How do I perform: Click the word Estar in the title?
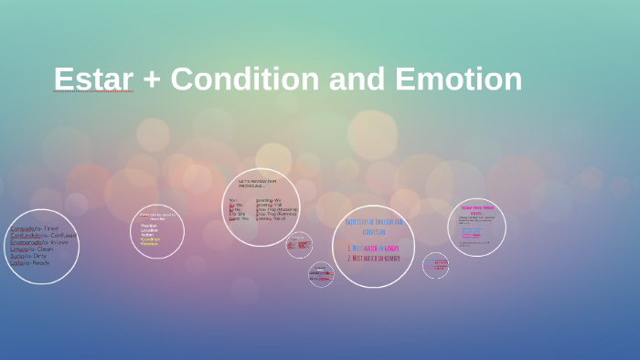coord(93,79)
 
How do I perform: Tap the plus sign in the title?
coord(152,80)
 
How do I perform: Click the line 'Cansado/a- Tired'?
coord(35,228)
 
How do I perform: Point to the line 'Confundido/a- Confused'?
coord(43,236)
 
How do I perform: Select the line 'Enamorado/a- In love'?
coord(39,242)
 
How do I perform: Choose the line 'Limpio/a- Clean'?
coord(32,249)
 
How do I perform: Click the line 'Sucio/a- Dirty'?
coord(28,256)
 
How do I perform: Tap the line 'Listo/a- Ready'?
coord(28,262)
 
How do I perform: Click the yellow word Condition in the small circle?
coord(151,239)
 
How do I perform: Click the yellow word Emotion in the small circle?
coord(149,244)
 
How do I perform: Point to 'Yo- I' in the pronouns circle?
coord(234,200)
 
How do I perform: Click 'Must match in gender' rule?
coord(373,248)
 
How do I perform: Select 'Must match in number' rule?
coord(373,258)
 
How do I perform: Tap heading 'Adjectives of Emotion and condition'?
coord(373,226)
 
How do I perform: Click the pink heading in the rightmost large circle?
coord(477,209)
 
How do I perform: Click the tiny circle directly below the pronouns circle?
coord(299,245)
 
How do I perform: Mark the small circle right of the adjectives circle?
coord(435,265)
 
